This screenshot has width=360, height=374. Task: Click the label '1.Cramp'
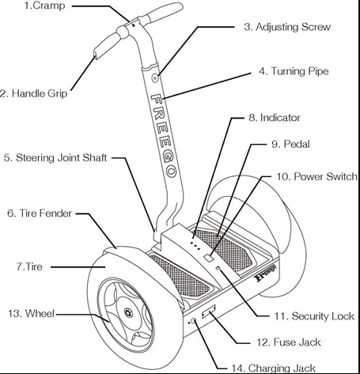point(44,6)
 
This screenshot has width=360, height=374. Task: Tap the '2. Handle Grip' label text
point(33,93)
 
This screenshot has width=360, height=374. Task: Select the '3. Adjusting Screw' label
point(287,27)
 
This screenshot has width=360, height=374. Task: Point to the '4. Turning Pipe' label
point(294,71)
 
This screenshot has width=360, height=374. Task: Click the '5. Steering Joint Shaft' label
point(55,157)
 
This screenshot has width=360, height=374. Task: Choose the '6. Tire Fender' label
point(40,213)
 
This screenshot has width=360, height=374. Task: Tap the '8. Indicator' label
point(275,118)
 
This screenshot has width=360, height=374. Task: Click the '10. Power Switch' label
point(316,176)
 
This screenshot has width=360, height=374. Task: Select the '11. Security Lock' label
point(314,316)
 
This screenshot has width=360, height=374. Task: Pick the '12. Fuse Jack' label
point(289,342)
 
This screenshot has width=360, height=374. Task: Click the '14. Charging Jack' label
point(273,368)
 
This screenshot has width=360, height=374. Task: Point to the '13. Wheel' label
point(31,313)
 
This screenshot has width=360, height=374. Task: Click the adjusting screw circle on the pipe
point(155,77)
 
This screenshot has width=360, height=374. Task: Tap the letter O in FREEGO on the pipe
point(172,172)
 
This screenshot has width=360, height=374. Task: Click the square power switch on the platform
point(209,258)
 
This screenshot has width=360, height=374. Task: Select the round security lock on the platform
point(218,268)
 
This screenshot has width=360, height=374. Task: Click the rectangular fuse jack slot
point(209,311)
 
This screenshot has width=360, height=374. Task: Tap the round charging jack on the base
point(194,320)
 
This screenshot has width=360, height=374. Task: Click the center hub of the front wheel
point(128,312)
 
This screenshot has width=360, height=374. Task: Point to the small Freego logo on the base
point(266,274)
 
